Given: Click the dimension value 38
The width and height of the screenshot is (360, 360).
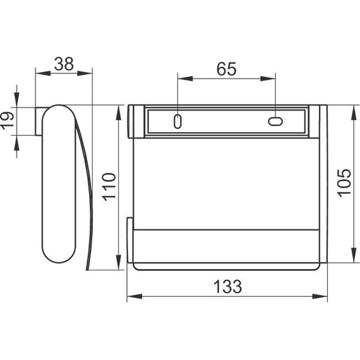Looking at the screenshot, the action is click(x=64, y=64).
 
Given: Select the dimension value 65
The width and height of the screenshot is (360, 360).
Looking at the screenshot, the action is click(x=226, y=69).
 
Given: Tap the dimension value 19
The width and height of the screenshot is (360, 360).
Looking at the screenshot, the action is click(x=8, y=121).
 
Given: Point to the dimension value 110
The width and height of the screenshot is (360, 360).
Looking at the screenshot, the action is click(x=109, y=187).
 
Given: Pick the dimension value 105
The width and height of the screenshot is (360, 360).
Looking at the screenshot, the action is click(x=344, y=183).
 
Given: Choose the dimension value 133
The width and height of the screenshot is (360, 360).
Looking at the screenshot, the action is click(x=227, y=287).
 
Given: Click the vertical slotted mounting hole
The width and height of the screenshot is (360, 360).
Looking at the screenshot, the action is click(x=177, y=121).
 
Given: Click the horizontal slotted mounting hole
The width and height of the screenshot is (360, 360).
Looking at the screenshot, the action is click(x=275, y=121).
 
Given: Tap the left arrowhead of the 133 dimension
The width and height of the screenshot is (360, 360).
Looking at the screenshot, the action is click(x=135, y=296).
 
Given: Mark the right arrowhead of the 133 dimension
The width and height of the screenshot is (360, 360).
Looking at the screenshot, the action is click(x=320, y=296).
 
